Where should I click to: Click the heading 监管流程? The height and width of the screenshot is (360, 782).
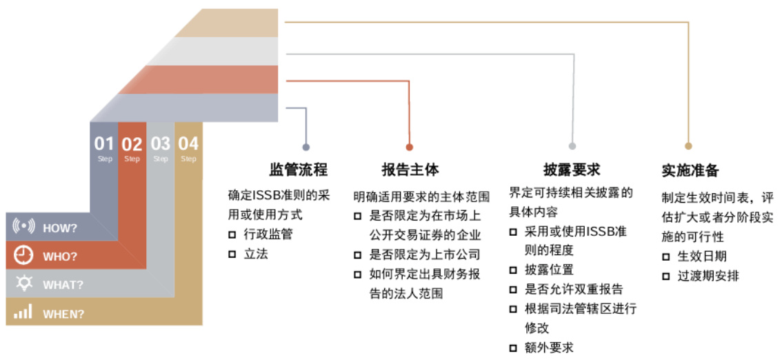[298, 170]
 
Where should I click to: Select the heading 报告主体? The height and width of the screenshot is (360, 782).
[410, 170]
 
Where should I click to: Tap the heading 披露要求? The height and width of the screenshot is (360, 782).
[572, 170]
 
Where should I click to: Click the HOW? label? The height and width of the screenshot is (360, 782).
[60, 228]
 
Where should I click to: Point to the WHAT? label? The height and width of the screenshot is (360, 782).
[63, 285]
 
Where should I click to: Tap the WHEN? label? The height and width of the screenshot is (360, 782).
[63, 314]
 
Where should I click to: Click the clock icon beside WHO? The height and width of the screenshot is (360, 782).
[24, 255]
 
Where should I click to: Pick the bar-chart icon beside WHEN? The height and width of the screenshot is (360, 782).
[23, 312]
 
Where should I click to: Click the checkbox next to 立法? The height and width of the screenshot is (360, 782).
[232, 254]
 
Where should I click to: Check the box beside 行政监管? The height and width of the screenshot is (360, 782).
[232, 234]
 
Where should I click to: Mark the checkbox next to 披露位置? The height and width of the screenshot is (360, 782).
[513, 270]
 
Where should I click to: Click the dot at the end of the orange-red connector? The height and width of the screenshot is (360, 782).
[409, 147]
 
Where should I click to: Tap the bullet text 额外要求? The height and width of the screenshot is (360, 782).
[549, 348]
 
